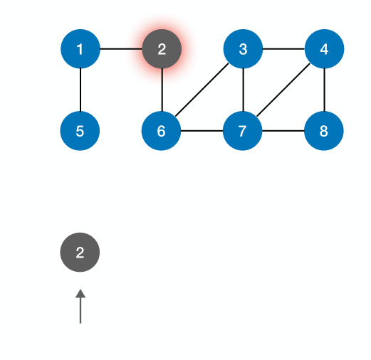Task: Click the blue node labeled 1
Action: tap(80, 49)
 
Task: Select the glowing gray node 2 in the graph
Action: tap(162, 49)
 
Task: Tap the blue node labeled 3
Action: tap(244, 49)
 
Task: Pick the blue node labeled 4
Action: tap(325, 49)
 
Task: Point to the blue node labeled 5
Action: tap(80, 131)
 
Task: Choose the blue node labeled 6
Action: tap(162, 131)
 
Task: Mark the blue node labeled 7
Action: tap(244, 131)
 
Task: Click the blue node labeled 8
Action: tap(325, 131)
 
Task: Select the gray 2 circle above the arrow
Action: tap(80, 252)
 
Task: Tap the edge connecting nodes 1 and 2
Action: tap(120, 49)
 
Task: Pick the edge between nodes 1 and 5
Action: tap(80, 90)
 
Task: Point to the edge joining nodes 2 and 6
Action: tap(162, 90)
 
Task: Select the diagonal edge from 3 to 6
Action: tap(202, 90)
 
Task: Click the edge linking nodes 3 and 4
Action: tap(284, 49)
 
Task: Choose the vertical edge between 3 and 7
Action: tap(244, 90)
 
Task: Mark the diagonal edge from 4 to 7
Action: tap(284, 90)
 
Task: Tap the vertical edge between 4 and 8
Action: tap(325, 90)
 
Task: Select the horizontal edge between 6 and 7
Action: tap(202, 131)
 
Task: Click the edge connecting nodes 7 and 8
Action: tap(284, 131)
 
